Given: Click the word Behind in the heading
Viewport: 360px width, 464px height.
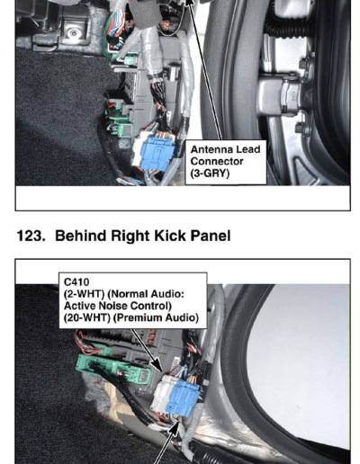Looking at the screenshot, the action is [x=81, y=236].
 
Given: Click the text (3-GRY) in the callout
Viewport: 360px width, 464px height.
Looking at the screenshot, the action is [x=210, y=174].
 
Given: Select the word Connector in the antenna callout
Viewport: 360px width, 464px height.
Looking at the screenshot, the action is [x=217, y=161].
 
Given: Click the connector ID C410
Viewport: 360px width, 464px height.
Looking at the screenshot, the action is [x=76, y=282].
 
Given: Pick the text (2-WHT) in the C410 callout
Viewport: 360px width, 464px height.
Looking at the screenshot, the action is [x=84, y=294].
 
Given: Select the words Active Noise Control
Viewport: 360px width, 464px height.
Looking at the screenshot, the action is [x=118, y=306].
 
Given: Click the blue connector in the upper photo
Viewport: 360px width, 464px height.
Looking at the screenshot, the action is [x=157, y=154].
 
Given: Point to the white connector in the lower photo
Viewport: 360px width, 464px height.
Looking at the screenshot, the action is [x=160, y=393].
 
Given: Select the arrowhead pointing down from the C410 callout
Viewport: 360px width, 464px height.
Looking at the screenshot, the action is [x=157, y=366].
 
